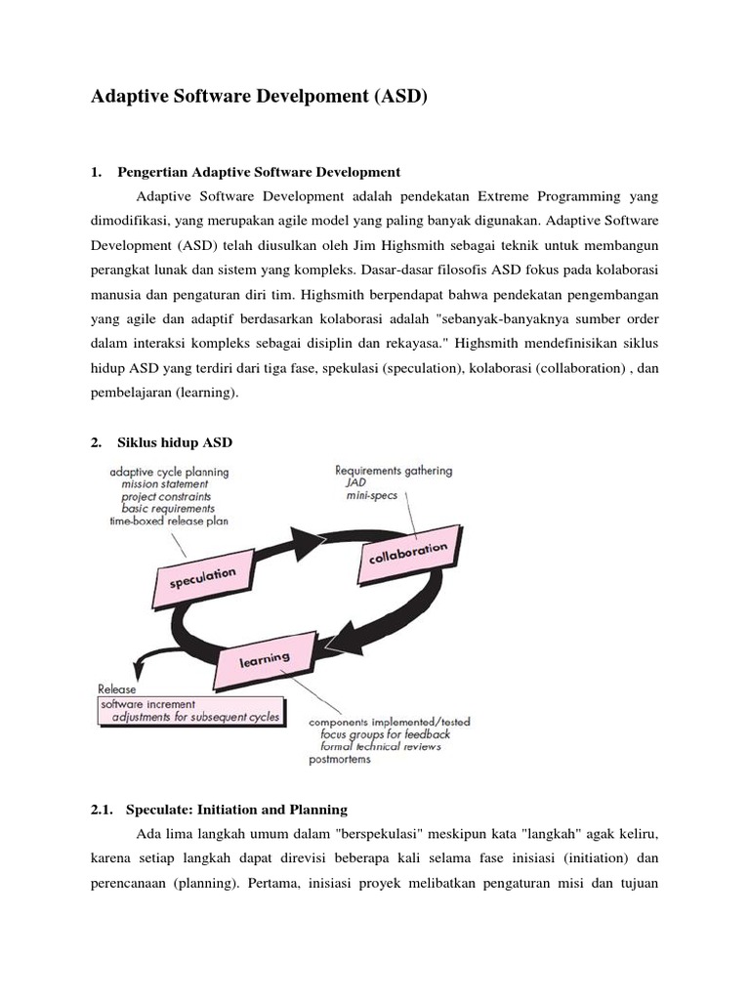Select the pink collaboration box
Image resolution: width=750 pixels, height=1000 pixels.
(x=408, y=554)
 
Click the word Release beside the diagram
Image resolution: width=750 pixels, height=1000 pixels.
(x=117, y=688)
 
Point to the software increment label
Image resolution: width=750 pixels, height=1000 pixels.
(x=148, y=703)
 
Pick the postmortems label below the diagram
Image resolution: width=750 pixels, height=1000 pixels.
(x=340, y=760)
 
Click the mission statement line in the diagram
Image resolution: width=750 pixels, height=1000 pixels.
(x=164, y=483)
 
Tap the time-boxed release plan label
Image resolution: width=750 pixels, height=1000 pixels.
(x=168, y=521)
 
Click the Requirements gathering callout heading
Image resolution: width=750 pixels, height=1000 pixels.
(x=394, y=470)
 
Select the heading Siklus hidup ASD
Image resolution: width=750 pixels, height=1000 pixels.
(x=175, y=442)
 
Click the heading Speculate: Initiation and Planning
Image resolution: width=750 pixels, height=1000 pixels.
(x=232, y=810)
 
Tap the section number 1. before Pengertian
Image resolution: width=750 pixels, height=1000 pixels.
(x=96, y=173)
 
